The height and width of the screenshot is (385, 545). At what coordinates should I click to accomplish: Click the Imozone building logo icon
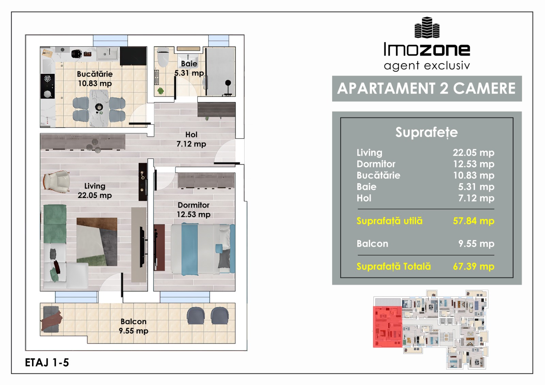[427, 28]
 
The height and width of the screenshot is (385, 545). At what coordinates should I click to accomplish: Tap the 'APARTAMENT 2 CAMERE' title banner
[427, 89]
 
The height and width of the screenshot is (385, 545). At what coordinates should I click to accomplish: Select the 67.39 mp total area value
[473, 267]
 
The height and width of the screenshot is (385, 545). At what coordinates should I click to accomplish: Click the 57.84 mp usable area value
[473, 221]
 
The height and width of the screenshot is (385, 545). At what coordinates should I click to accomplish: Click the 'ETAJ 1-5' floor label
[47, 363]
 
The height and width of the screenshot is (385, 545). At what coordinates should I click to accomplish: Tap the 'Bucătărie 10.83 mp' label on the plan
[95, 79]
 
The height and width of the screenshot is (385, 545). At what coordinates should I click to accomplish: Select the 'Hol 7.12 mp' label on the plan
[191, 139]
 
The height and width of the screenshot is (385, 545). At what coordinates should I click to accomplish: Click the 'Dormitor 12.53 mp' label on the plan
[194, 210]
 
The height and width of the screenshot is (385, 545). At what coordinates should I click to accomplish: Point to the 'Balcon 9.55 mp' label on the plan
[134, 326]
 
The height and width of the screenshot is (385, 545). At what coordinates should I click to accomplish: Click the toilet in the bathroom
[163, 57]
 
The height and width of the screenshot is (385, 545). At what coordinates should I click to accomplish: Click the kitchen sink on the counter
[107, 53]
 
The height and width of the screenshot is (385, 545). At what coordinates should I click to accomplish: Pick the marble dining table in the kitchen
[99, 108]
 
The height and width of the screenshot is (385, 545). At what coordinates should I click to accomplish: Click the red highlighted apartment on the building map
[387, 327]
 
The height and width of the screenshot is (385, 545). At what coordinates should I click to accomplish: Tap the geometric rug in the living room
[97, 242]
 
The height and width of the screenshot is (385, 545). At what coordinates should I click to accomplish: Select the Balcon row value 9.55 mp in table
[477, 244]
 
